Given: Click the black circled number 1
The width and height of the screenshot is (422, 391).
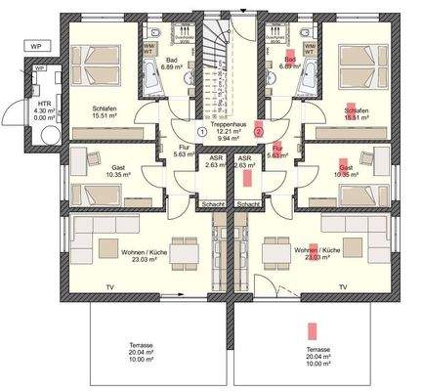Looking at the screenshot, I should (x=201, y=130).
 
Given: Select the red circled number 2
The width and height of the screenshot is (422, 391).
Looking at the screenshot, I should (x=259, y=130).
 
